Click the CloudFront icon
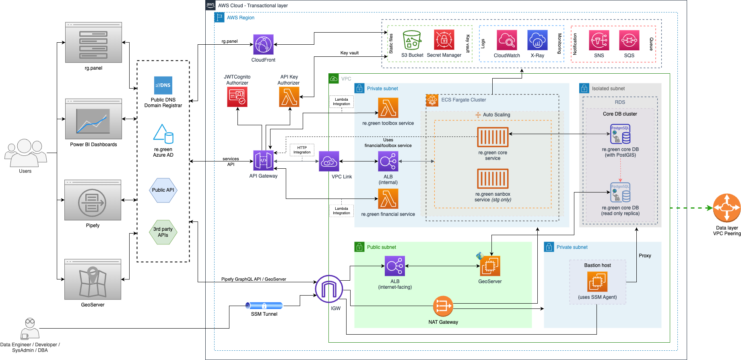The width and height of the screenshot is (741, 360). coord(263,44)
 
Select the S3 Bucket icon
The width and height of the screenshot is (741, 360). coord(412,40)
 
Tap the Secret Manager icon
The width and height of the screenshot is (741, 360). coord(444,40)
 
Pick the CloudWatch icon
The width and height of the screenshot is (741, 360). coord(507,40)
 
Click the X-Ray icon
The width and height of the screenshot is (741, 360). coord(537,40)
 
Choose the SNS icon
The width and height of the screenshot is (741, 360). coord(599,40)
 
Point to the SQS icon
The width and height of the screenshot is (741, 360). coord(629,40)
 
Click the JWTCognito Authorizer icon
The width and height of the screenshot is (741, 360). coord(237,97)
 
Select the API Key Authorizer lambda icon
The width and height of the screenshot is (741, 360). coord(289,97)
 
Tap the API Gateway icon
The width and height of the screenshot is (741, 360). coord(263,161)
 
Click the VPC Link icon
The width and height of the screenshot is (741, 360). coord(329,161)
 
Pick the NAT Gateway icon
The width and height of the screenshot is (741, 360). coord(443,306)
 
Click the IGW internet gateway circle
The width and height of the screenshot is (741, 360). coord(329,289)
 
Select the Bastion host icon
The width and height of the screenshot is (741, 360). coord(597,281)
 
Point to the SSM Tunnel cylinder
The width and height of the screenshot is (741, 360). coord(264,306)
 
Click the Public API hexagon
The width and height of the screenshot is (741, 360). coord(163,190)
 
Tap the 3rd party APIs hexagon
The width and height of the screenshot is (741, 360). coord(163,232)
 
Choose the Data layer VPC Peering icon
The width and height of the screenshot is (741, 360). coord(727,208)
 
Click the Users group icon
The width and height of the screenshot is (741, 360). coord(25,153)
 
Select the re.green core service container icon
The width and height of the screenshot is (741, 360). coord(493,137)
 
